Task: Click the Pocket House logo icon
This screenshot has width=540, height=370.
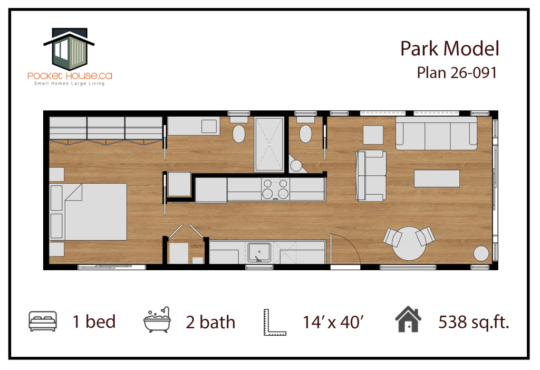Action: tap(69, 49)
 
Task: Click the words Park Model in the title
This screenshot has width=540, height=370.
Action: tap(449, 49)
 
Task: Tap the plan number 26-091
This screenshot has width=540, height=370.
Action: tap(474, 73)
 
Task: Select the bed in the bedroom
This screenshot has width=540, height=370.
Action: tap(89, 212)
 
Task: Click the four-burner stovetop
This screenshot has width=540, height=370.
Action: tap(275, 189)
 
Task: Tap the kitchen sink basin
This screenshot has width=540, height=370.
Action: tap(259, 253)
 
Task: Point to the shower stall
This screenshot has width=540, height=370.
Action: tap(269, 144)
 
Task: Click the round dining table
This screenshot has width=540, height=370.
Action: tap(409, 243)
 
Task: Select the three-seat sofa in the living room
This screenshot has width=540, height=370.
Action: tap(436, 133)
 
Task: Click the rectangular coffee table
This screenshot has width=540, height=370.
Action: tap(437, 178)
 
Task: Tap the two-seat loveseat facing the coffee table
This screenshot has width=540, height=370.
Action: tap(371, 176)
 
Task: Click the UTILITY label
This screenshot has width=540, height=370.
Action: tap(197, 246)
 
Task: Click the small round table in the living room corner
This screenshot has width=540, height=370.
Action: tap(481, 253)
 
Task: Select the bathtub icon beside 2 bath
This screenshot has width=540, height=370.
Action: tap(157, 320)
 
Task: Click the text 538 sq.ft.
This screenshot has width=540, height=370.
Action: tap(474, 322)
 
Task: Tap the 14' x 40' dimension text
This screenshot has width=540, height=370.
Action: tap(333, 322)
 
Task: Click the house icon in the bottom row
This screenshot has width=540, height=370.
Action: tap(408, 319)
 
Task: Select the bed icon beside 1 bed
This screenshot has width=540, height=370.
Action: tap(43, 321)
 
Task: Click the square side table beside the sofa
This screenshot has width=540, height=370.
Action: tap(373, 135)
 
